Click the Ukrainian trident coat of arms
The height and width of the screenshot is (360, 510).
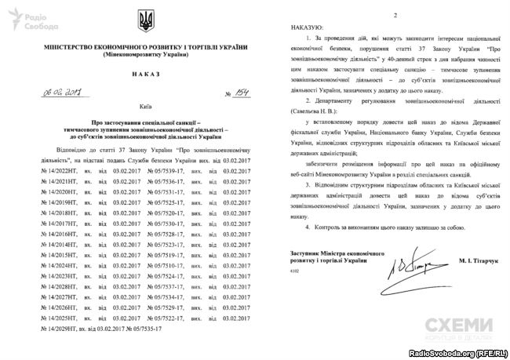[x=146, y=18]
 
